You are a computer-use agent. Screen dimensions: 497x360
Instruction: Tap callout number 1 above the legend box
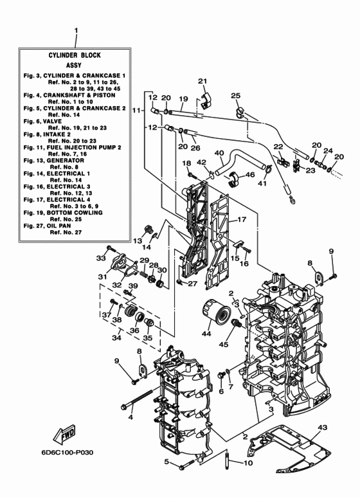click(76, 30)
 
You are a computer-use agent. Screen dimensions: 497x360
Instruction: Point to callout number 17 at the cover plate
click(242, 219)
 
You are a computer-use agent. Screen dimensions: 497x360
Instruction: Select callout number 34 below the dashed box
click(116, 337)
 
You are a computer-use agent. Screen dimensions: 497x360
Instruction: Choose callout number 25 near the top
click(235, 96)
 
